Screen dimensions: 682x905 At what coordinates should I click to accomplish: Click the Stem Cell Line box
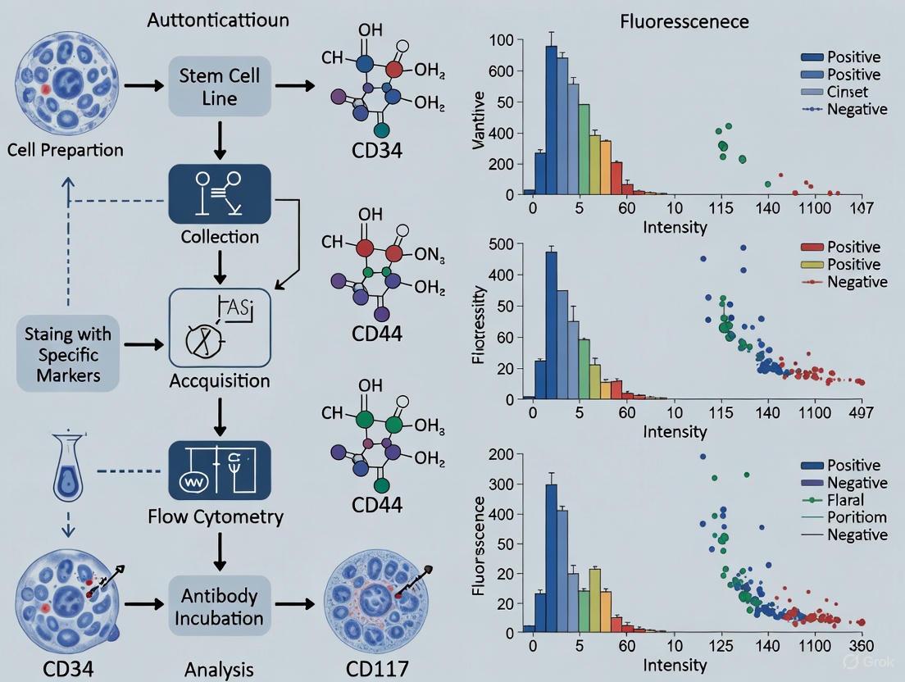[219, 85]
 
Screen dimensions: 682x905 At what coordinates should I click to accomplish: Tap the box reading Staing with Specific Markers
[67, 355]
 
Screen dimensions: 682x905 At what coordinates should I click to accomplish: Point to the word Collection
[220, 237]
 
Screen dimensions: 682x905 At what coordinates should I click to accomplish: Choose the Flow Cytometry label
[216, 516]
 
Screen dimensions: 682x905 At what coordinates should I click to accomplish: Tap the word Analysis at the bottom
[219, 669]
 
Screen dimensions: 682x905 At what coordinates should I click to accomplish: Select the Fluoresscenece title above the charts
[684, 21]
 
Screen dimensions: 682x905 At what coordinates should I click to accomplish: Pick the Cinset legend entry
[847, 92]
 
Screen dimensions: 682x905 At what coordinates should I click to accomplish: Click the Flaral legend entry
[845, 500]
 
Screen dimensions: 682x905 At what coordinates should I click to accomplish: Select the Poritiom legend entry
[857, 517]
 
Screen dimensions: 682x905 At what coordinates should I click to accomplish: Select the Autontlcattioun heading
[217, 21]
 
